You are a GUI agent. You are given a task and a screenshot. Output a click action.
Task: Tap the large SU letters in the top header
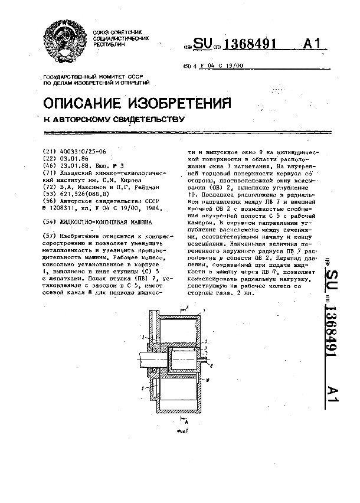click(202, 44)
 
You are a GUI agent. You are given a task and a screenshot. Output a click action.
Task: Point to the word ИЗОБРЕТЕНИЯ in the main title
click(184, 103)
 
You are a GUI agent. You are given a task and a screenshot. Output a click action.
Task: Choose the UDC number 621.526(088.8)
click(82, 194)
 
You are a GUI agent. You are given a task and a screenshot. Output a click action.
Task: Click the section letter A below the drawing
click(186, 423)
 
